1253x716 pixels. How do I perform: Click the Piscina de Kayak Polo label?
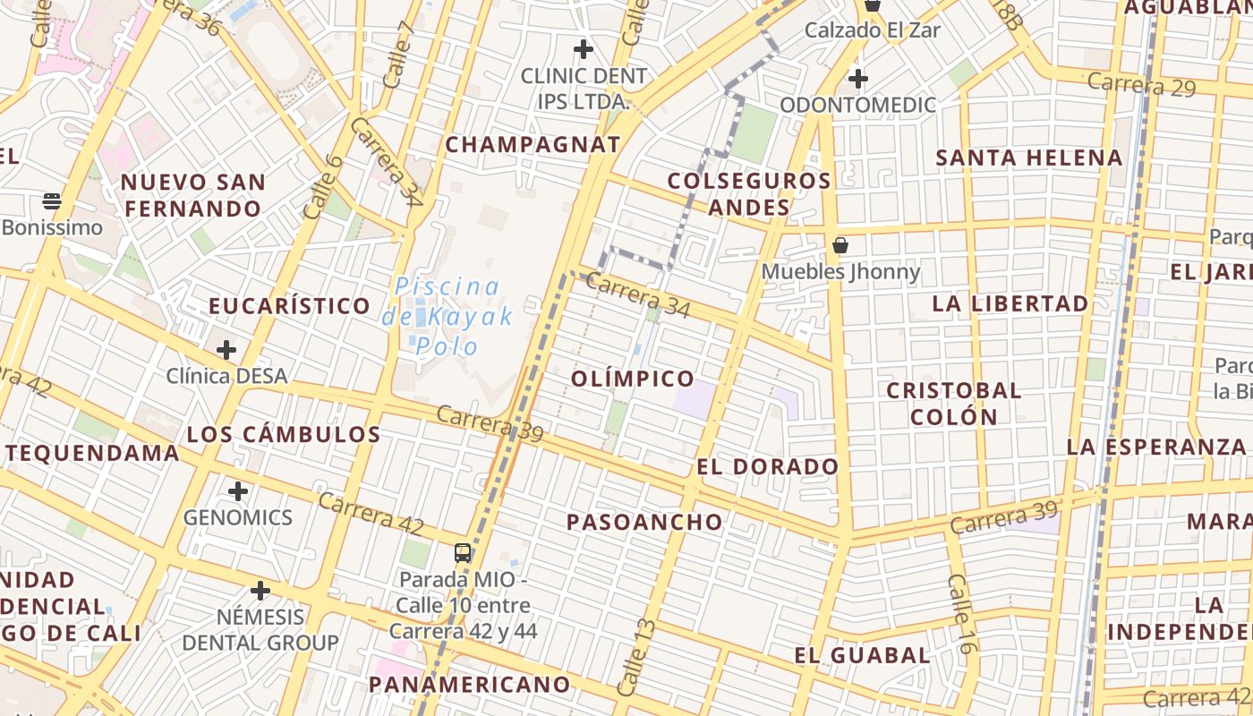[x=447, y=316]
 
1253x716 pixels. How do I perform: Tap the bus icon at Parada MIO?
[x=463, y=552]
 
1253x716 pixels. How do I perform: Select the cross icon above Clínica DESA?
[x=226, y=349]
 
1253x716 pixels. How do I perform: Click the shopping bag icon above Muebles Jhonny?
[x=840, y=244]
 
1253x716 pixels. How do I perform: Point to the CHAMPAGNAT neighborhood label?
[x=533, y=144]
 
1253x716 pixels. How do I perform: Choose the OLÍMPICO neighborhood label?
[x=633, y=379]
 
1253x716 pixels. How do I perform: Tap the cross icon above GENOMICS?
[x=237, y=491]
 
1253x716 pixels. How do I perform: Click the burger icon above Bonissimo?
[x=52, y=200]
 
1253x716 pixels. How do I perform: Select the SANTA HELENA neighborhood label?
[x=1028, y=158]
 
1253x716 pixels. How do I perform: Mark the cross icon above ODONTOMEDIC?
[x=857, y=79]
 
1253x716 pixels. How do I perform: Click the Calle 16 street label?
[x=959, y=614]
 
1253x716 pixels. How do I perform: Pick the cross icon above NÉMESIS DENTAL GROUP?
[x=260, y=591]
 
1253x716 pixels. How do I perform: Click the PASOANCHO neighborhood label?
[x=644, y=522]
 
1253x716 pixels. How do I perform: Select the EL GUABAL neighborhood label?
[x=862, y=655]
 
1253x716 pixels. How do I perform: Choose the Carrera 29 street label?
[x=1141, y=84]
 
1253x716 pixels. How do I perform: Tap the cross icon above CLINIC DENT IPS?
[x=584, y=48]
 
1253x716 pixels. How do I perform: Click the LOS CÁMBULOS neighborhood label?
[x=284, y=435]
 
